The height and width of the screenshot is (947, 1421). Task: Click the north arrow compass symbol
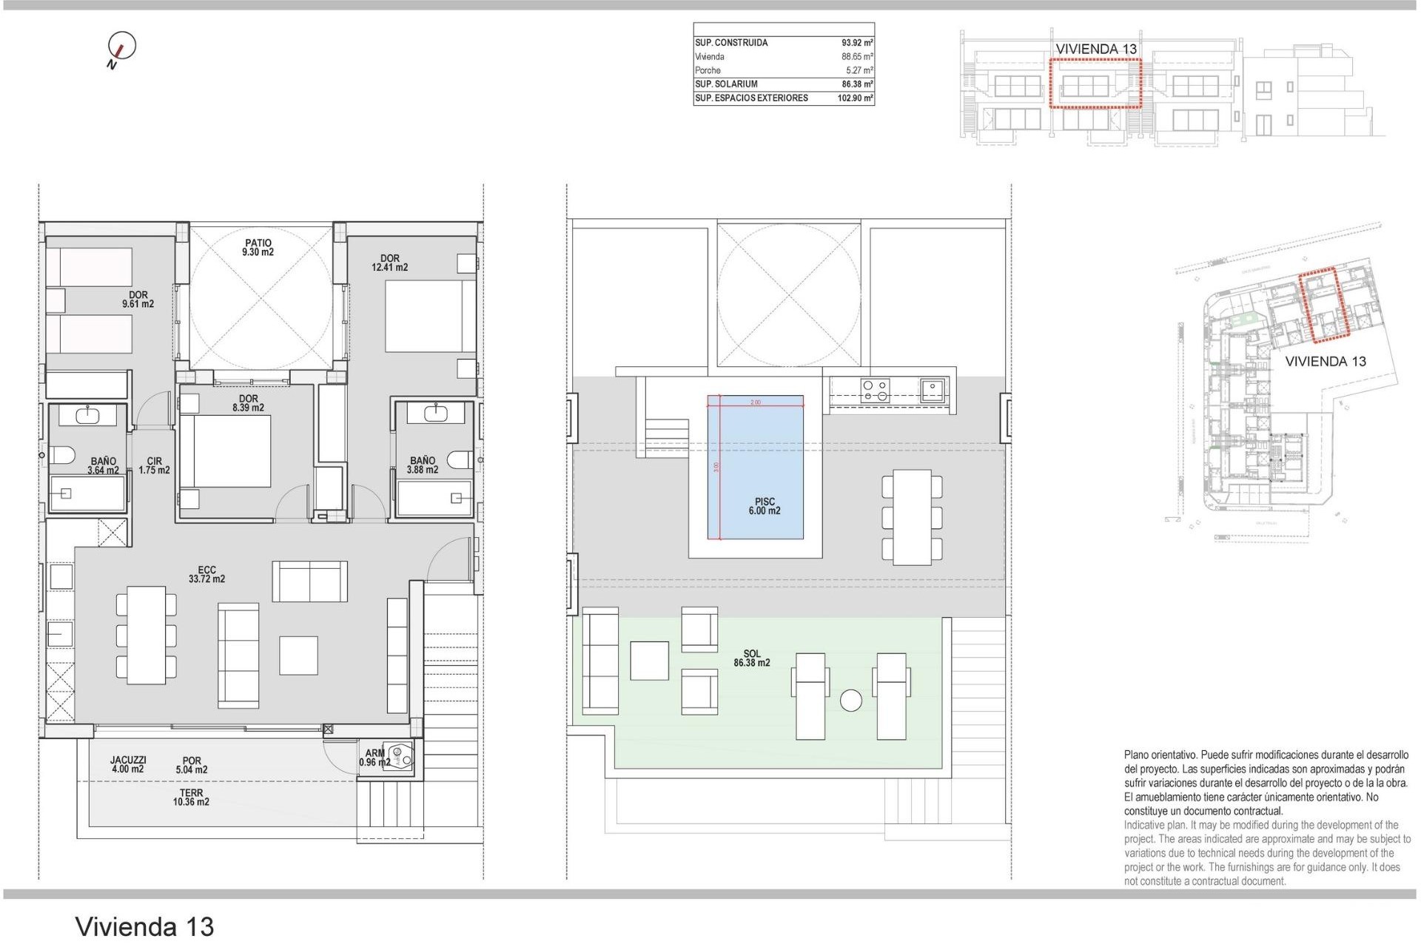pos(121,47)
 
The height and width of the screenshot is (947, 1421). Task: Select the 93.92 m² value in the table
pos(856,43)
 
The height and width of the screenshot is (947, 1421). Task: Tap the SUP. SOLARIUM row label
pos(726,84)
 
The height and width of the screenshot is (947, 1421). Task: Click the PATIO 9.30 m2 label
pos(258,248)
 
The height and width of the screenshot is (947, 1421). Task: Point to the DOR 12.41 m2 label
pos(389,263)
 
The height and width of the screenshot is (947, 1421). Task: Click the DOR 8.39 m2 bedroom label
pos(248,403)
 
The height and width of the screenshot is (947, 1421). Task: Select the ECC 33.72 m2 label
pos(206,575)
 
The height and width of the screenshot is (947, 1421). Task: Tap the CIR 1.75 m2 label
pos(154,466)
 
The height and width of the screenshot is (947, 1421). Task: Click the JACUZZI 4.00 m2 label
pos(128,764)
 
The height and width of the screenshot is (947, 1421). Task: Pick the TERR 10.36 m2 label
pos(191,798)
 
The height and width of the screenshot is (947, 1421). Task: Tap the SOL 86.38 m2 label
pos(751,658)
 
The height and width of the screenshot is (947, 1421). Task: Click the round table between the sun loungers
pos(851,701)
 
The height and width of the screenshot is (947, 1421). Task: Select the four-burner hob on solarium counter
pos(876,390)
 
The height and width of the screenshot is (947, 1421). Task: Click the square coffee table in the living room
pos(299,656)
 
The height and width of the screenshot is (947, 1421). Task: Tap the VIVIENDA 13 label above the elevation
pos(1095,49)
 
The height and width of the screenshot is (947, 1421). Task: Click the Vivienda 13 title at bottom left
pos(144,926)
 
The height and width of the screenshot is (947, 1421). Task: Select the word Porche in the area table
pos(708,70)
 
